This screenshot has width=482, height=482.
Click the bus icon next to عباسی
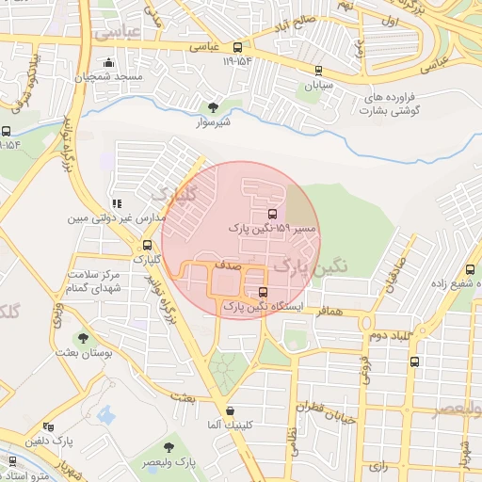238,45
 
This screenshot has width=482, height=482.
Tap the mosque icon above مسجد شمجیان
110,63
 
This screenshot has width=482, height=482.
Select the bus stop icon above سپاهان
318,71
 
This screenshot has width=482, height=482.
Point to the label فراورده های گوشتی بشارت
389,104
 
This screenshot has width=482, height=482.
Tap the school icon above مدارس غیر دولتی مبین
117,203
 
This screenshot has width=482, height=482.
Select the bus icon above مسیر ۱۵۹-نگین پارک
273,214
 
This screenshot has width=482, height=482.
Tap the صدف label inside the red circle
228,266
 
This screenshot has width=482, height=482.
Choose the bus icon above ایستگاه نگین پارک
263,291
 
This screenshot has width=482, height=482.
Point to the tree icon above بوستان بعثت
83,338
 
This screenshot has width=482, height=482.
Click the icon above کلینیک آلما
231,410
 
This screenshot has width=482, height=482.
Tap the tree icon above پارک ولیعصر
169,448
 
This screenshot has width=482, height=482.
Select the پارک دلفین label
75,440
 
